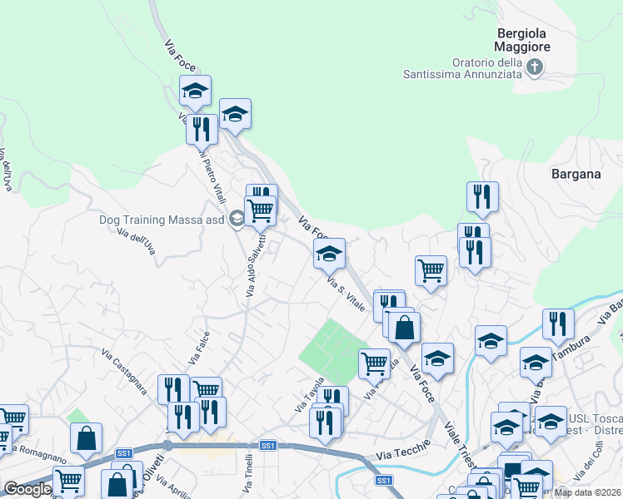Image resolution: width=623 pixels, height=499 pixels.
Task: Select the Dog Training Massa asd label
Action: point(162,220)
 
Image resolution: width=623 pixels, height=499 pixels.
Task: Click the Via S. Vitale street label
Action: point(347,295)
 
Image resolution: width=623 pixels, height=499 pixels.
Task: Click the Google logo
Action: point(27,490)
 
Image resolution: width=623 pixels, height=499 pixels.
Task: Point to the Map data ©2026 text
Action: point(587,492)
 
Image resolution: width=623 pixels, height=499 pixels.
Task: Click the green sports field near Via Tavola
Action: point(332,348)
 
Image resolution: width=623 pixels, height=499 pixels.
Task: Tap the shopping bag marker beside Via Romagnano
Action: point(86,437)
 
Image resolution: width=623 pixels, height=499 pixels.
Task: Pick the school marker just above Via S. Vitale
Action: point(329,254)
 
